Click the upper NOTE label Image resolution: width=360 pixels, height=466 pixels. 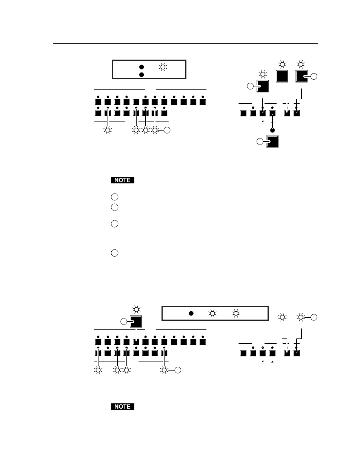click(123, 180)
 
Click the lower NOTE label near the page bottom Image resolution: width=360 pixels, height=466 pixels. click(123, 407)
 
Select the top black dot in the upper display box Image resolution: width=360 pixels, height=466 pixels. click(142, 67)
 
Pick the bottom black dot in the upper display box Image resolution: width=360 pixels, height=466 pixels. click(142, 75)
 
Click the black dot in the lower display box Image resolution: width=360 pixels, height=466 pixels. click(191, 313)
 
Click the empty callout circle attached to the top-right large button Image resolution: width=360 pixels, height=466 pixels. click(314, 77)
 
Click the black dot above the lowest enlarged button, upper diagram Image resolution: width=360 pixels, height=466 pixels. click(272, 130)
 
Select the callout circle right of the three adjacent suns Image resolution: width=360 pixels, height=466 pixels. click(168, 131)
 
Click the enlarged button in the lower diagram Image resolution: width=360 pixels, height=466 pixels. click(136, 321)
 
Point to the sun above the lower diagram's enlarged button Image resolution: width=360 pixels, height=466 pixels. click(136, 310)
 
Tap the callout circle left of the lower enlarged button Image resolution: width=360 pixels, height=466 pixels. click(123, 321)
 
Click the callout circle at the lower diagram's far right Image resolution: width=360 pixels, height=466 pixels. click(314, 317)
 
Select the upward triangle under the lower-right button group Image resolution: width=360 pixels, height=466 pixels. click(272, 361)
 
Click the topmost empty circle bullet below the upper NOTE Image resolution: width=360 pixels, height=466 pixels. click(115, 197)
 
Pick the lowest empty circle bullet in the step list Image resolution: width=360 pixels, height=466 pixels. click(115, 253)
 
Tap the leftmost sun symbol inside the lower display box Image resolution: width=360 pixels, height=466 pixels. click(213, 313)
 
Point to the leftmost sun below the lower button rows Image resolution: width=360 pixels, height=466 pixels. click(98, 371)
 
